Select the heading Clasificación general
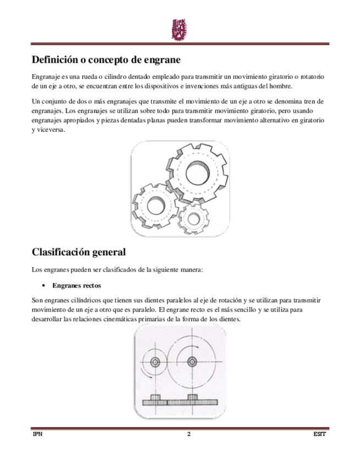pyautogui.click(x=79, y=252)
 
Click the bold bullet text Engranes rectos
pyautogui.click(x=76, y=286)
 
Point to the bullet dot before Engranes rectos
pyautogui.click(x=43, y=286)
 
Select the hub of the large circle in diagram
pyautogui.click(x=192, y=362)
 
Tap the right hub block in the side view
pyautogui.click(x=192, y=397)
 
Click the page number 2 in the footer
pyautogui.click(x=188, y=434)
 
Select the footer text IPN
pyautogui.click(x=37, y=434)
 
